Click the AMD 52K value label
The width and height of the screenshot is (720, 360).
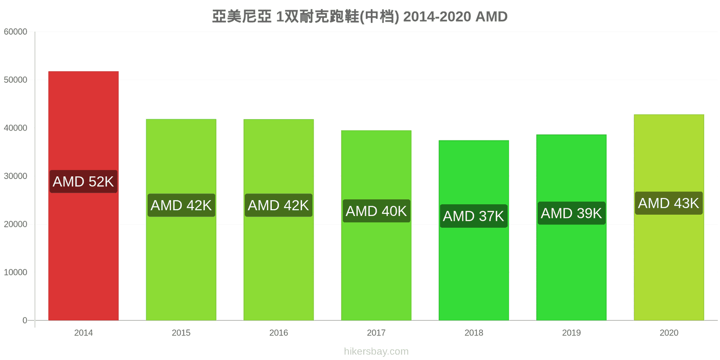tap(84, 182)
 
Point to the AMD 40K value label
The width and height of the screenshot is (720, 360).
tap(376, 211)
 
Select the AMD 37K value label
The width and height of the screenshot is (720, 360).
tap(474, 216)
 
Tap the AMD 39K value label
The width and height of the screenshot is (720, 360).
tap(571, 213)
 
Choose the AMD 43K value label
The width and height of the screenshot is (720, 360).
tap(669, 203)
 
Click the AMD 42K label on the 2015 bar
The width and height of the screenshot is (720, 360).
tap(181, 205)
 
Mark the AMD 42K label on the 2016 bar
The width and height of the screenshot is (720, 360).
tap(279, 205)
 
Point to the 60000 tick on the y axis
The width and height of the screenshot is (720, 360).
tap(15, 32)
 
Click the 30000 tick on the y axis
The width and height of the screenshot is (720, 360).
tap(15, 176)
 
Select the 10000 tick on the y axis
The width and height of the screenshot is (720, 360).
tap(15, 272)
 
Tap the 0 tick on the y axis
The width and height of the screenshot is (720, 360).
tap(25, 320)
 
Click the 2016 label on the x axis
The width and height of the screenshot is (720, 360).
tap(279, 333)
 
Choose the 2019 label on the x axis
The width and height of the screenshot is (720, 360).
tap(571, 333)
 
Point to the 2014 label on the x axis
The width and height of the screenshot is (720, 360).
tap(84, 333)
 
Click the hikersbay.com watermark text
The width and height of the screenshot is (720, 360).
tap(376, 351)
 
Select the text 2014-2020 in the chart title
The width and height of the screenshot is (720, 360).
tap(437, 17)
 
